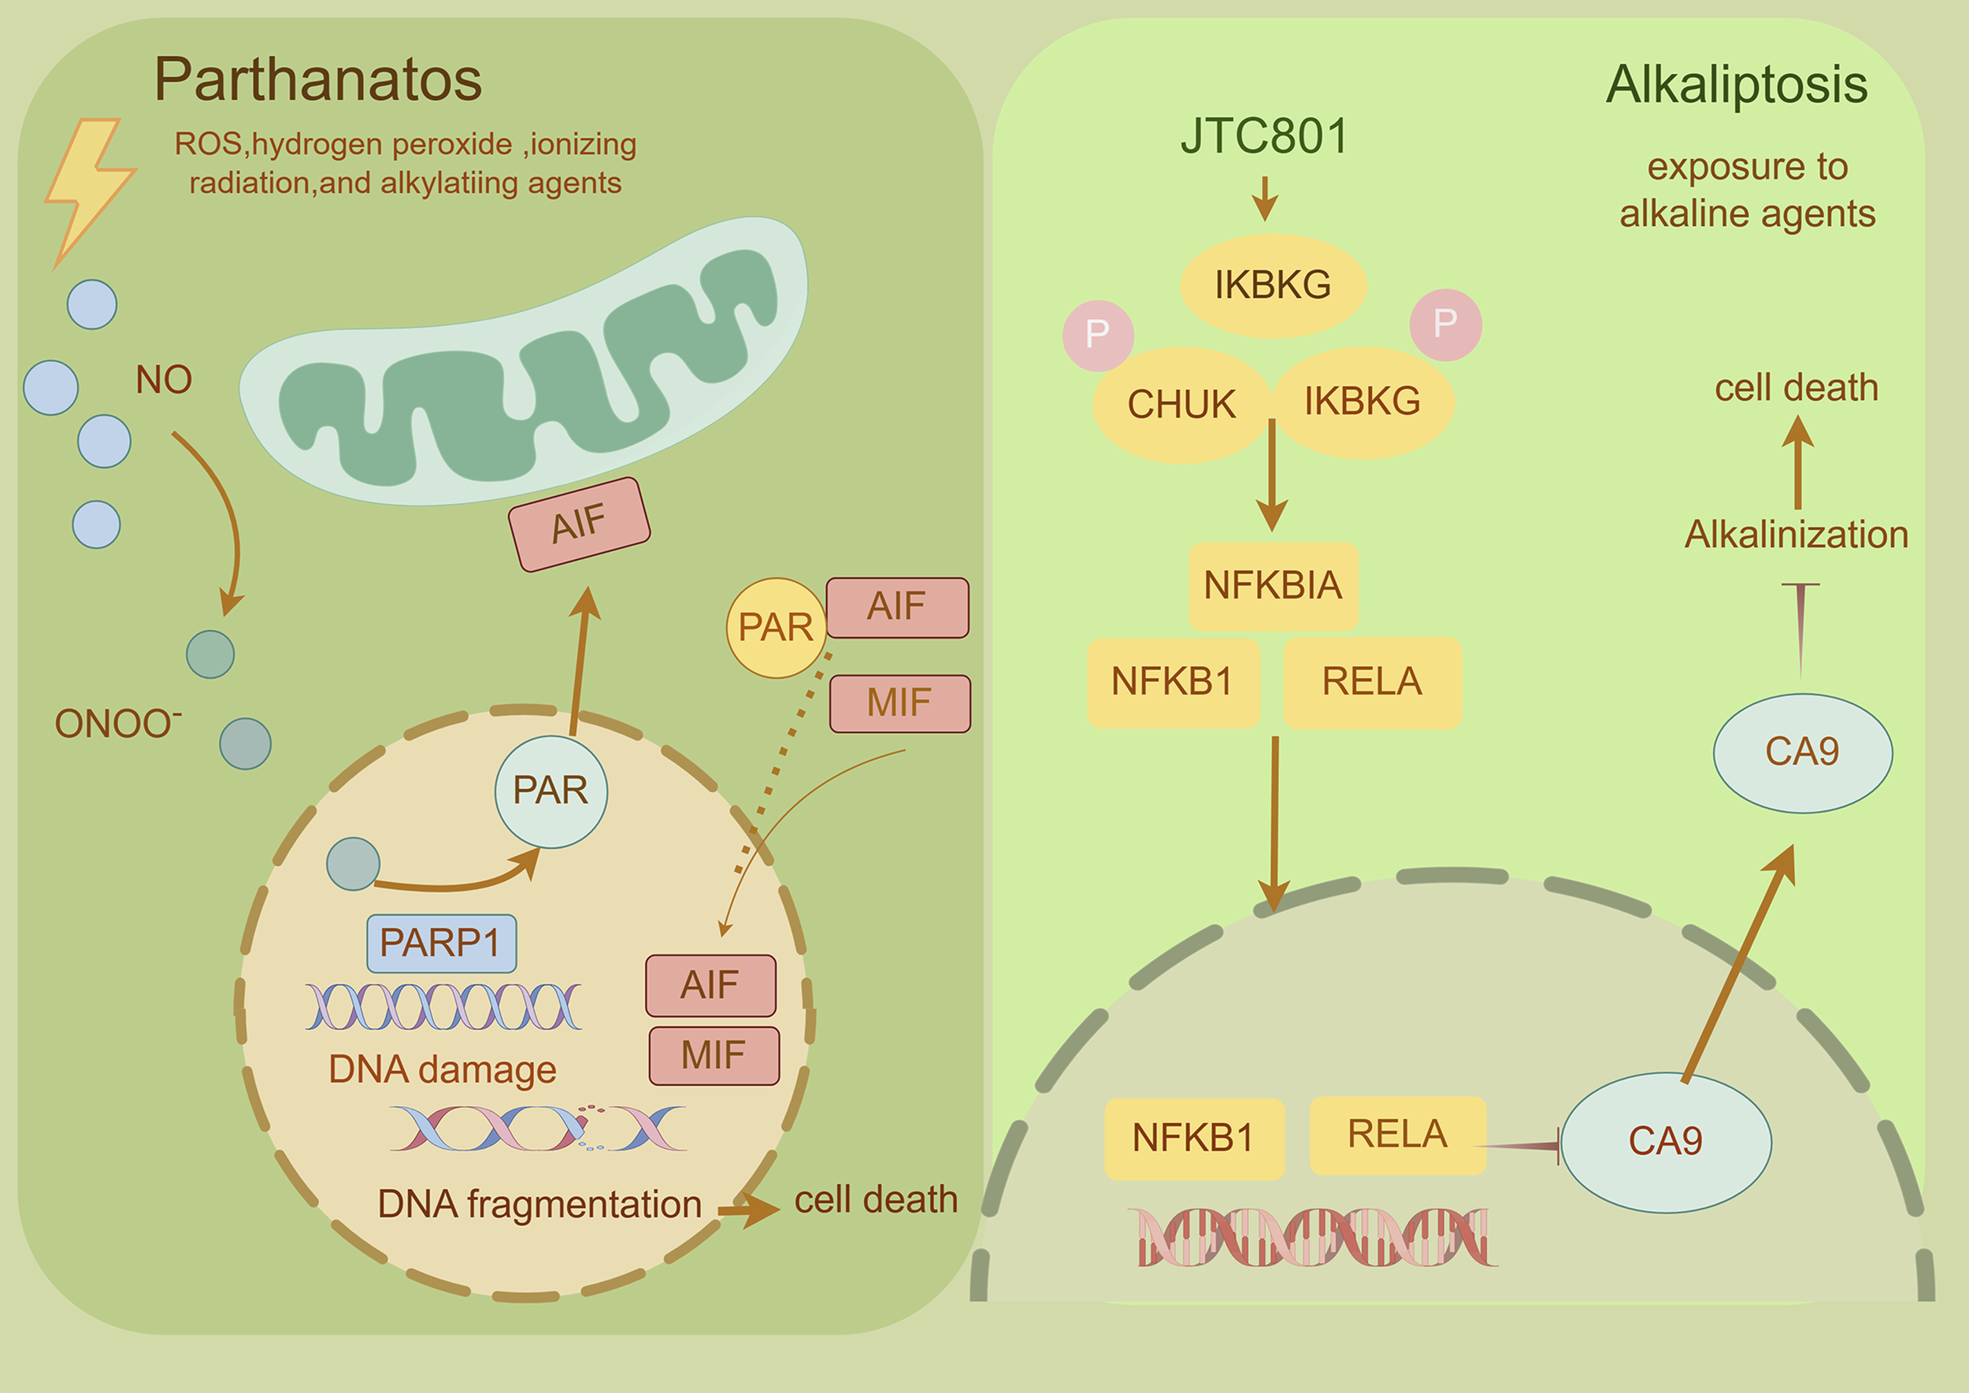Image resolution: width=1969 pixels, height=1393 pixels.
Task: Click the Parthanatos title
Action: tap(317, 80)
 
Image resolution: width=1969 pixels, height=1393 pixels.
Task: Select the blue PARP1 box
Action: tap(441, 943)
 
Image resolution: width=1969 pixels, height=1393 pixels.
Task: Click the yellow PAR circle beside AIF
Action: tap(776, 627)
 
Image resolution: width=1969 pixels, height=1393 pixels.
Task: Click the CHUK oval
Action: tap(1181, 405)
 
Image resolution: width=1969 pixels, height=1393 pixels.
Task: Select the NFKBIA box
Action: tap(1272, 586)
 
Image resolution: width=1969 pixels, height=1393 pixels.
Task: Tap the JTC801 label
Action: tap(1264, 136)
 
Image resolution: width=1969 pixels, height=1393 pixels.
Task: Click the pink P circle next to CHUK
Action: tap(1097, 335)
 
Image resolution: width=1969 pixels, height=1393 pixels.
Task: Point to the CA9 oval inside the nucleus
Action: tap(1665, 1142)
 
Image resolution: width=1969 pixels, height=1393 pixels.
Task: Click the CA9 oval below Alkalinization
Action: tap(1802, 752)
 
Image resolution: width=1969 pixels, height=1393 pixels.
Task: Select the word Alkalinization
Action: tap(1797, 535)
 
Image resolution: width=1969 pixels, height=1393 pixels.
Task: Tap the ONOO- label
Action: tap(117, 723)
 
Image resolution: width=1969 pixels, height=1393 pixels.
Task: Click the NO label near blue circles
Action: tap(163, 379)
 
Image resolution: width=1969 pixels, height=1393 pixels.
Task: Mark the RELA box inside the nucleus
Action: tap(1396, 1135)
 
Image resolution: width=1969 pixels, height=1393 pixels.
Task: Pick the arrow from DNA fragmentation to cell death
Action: tap(748, 1210)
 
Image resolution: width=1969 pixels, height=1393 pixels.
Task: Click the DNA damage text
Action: tap(442, 1069)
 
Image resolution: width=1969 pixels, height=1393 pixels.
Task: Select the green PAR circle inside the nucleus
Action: tap(551, 791)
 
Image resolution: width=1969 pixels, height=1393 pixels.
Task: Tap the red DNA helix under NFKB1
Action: tap(1313, 1237)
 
